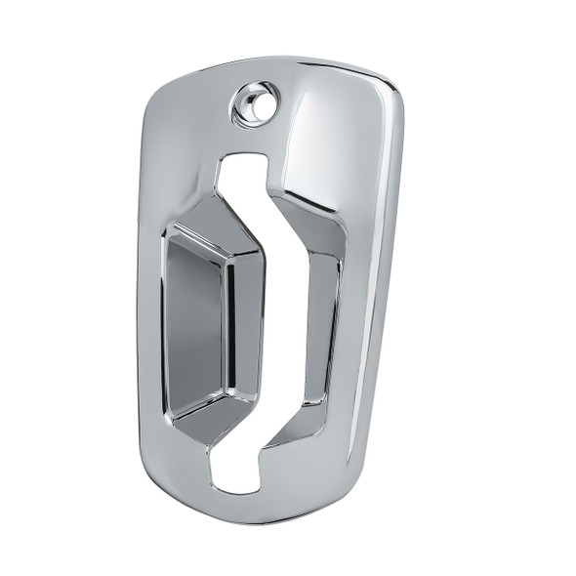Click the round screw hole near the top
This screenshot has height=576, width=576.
[255, 103]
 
